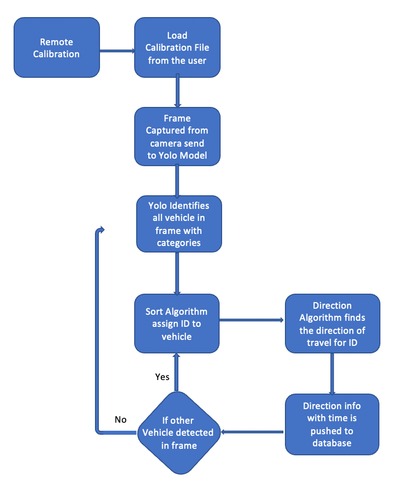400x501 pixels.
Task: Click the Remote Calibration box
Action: tap(56, 48)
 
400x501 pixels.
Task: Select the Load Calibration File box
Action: tap(177, 48)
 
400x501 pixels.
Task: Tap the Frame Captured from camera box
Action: tap(177, 136)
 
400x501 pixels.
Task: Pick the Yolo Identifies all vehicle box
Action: tap(179, 224)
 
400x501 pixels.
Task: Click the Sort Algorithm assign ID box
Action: tap(177, 324)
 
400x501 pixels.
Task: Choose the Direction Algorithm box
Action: tap(332, 324)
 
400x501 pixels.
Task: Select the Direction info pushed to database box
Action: tap(332, 424)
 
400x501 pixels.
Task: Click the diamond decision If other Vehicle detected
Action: tap(179, 432)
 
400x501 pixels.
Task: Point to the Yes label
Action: tap(162, 377)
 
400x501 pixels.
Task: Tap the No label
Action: tap(121, 419)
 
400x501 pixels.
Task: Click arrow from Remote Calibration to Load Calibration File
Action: tap(117, 51)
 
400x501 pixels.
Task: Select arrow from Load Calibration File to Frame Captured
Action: tap(177, 91)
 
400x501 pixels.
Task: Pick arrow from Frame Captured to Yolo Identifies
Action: tap(177, 180)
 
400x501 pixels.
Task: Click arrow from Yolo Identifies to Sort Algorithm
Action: tap(177, 273)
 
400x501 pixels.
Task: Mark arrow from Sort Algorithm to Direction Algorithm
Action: tap(252, 320)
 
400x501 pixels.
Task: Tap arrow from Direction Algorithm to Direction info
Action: tap(332, 373)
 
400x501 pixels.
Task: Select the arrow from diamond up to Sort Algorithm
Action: tap(176, 372)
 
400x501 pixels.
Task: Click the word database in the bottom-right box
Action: tap(332, 443)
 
